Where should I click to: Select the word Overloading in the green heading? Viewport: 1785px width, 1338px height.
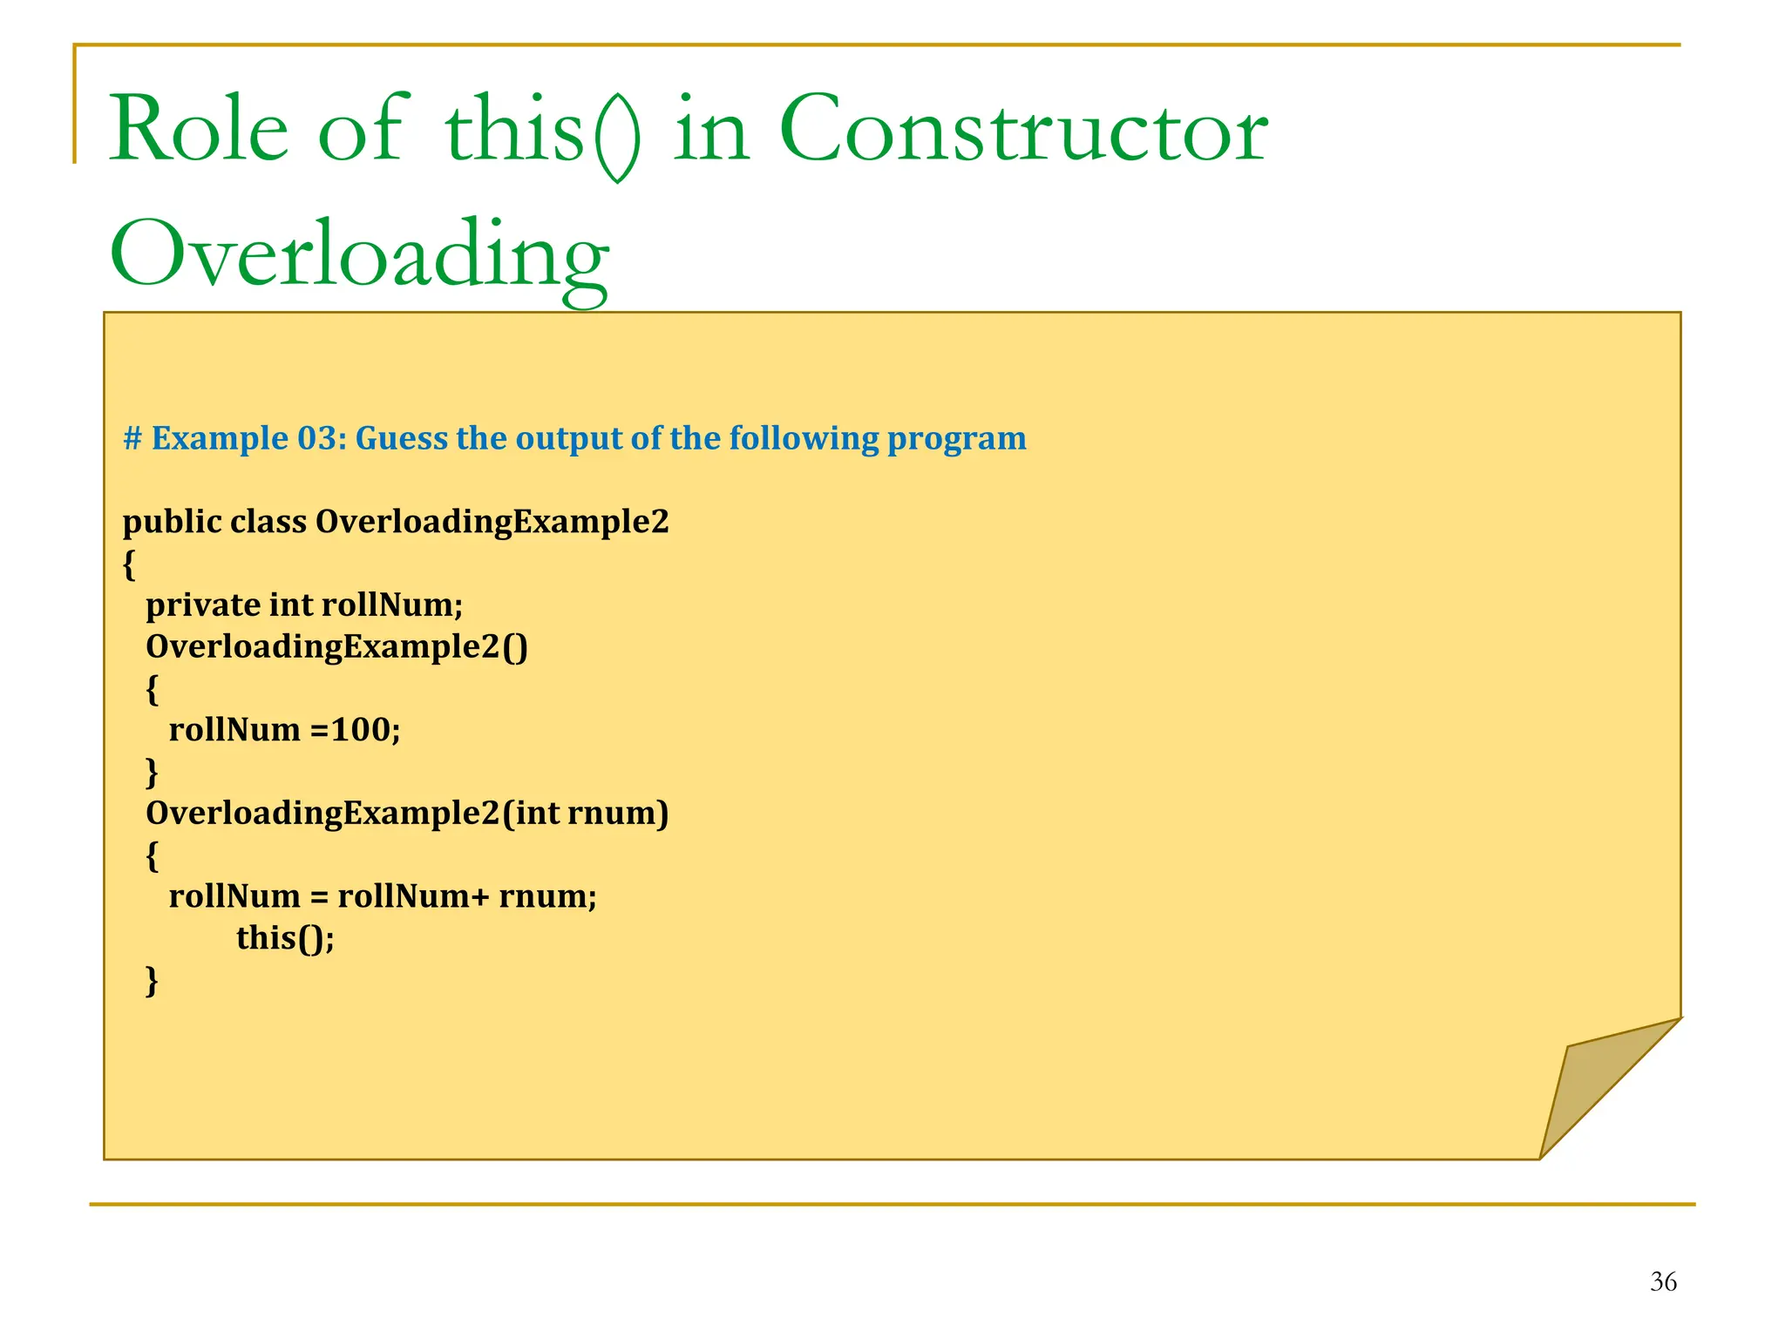[x=359, y=254]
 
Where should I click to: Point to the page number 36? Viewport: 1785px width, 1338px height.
[x=1663, y=1281]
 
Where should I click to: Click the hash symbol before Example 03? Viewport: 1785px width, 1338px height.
[x=132, y=438]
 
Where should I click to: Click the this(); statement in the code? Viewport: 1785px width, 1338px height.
[x=285, y=938]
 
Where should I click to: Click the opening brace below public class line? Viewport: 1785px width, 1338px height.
[x=129, y=564]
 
